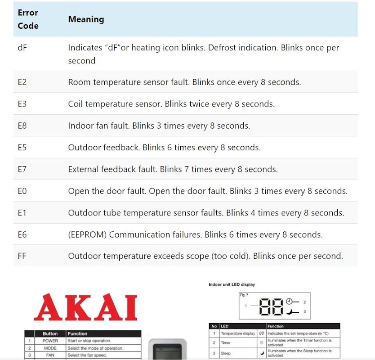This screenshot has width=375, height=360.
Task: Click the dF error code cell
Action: (x=22, y=47)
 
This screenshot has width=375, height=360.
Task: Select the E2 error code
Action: (x=22, y=82)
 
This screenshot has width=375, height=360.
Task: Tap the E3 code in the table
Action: (x=22, y=104)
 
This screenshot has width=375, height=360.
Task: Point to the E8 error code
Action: (x=22, y=126)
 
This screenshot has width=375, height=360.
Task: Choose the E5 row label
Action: (x=22, y=148)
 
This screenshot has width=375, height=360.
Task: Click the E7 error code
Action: (x=22, y=169)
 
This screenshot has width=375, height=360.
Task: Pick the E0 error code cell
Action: (x=22, y=191)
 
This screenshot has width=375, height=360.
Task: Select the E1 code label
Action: (x=22, y=213)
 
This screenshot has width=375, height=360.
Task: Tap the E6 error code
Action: (x=22, y=234)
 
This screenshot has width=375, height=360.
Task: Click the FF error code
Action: (x=22, y=256)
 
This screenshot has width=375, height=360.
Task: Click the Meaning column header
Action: (x=86, y=19)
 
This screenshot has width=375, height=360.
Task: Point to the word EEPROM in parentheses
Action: (x=88, y=234)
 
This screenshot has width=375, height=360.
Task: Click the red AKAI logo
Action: (x=85, y=308)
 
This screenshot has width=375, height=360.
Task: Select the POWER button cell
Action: (x=50, y=341)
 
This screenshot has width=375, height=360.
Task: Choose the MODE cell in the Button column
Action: (x=50, y=348)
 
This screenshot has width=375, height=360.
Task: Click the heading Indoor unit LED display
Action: (x=232, y=284)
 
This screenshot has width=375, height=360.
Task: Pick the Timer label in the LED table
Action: (x=226, y=343)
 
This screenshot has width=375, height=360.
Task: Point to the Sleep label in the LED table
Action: (x=226, y=353)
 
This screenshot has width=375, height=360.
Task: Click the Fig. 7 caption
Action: (x=244, y=295)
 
